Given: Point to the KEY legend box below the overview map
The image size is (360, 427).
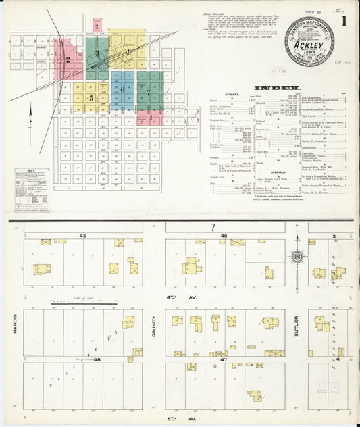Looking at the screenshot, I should pos(31,189).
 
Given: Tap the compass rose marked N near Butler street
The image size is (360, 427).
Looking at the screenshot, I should pos(297,256).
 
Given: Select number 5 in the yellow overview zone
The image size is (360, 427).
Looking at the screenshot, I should pos(89,99).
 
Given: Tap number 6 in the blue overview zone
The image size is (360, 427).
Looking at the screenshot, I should pos(122,89).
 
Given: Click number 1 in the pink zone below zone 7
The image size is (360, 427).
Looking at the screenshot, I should pos(151,118).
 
